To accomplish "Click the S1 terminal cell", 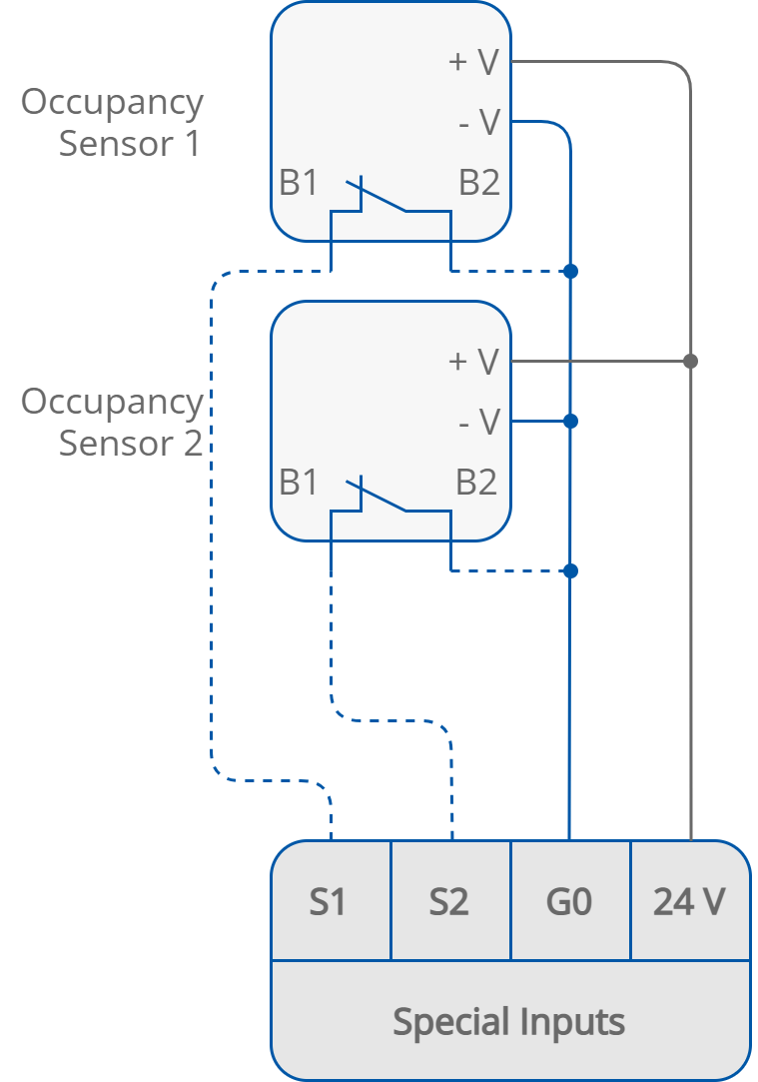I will [330, 901].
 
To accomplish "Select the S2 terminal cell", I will [449, 901].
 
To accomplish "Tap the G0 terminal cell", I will [569, 901].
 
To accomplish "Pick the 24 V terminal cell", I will [689, 901].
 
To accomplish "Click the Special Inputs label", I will [509, 1022].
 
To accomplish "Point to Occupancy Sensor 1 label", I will [112, 123].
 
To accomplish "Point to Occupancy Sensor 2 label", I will [112, 422].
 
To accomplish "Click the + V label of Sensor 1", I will [473, 62].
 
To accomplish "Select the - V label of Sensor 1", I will [477, 122].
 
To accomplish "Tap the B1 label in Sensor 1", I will [299, 183].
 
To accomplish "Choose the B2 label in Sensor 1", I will [479, 183].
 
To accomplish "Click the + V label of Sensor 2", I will [473, 361].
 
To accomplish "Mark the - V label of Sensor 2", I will [477, 422].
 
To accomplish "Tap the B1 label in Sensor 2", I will [299, 482].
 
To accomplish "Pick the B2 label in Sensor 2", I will [476, 482].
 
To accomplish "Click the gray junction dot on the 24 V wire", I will [690, 361].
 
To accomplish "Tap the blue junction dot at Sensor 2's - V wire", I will [569, 422].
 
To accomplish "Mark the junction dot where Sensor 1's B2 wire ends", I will [569, 271].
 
